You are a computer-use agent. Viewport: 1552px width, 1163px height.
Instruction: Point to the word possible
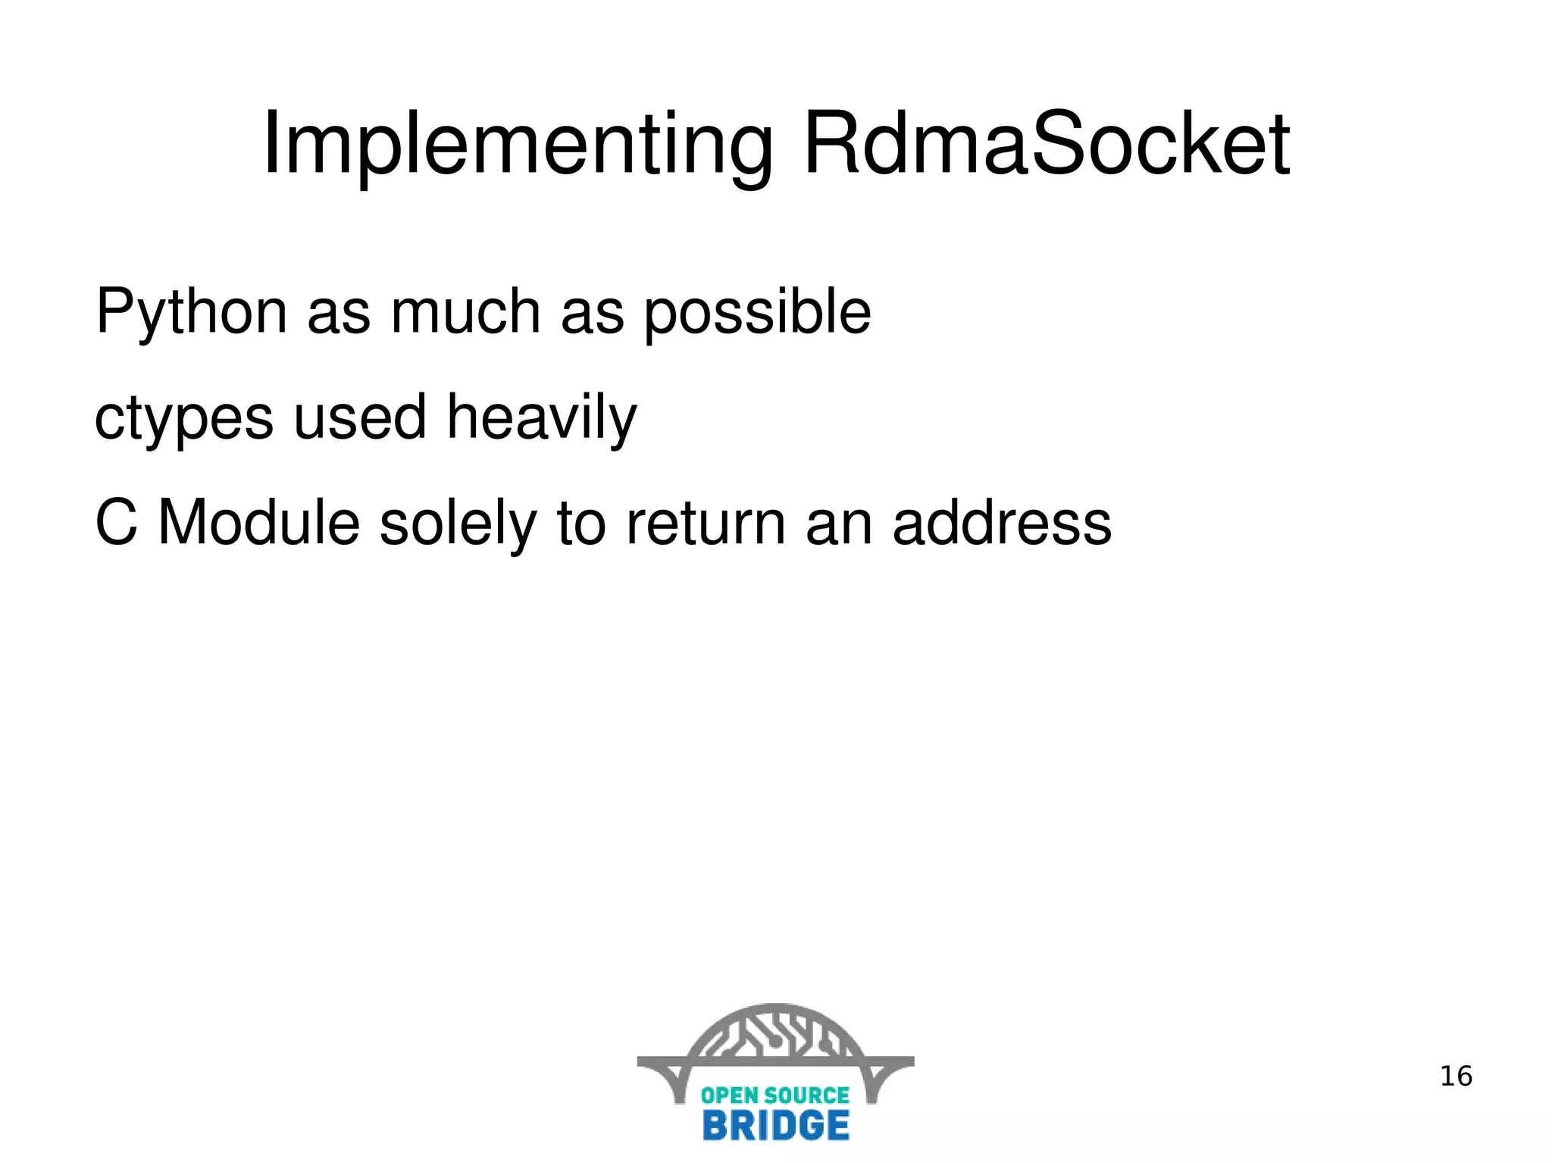757,313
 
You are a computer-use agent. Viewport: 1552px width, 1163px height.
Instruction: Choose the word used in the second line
360,417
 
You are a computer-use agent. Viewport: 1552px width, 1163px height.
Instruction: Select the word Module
258,523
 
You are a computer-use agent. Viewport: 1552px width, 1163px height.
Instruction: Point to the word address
1001,523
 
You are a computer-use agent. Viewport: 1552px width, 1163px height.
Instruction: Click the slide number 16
1455,1077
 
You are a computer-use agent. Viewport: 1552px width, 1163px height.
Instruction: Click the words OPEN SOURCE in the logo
774,1095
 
